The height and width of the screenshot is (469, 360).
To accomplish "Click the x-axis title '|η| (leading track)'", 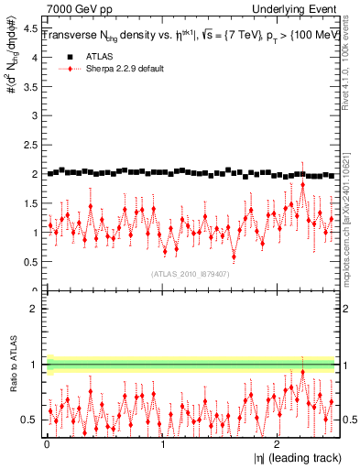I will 292,457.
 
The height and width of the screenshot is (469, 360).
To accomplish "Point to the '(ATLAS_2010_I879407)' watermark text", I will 191,273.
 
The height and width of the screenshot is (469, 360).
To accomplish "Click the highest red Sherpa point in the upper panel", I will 303,184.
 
